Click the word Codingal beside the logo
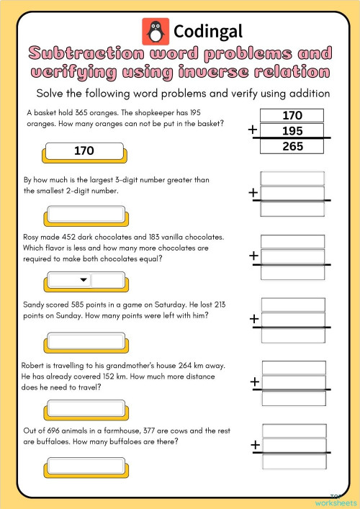[x=208, y=31]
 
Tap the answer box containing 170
[x=84, y=151]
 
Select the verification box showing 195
[x=292, y=131]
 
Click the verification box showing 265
[x=292, y=146]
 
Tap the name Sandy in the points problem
[x=37, y=305]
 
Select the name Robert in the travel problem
[x=38, y=366]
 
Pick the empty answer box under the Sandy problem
[x=86, y=341]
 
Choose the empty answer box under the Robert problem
[x=86, y=407]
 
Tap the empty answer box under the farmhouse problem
[x=86, y=473]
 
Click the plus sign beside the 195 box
[x=253, y=130]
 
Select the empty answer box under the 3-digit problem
[x=86, y=214]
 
